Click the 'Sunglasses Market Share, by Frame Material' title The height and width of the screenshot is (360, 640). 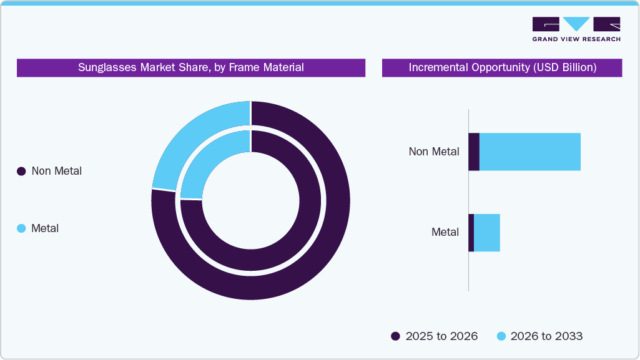coord(191,67)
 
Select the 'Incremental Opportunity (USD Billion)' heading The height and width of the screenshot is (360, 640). coord(502,67)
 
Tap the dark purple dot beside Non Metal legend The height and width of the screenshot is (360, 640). coord(21,171)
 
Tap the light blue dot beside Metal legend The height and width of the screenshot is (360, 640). coord(21,228)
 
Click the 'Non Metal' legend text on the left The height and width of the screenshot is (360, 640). coord(57,171)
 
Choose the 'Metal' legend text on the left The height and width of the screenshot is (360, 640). coord(45,228)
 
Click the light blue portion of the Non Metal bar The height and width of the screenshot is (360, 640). coord(529,152)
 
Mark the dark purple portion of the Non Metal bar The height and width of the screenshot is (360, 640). coord(474,152)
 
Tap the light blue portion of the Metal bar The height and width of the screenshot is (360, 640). coord(487,233)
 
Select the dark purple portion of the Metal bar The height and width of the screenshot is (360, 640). coord(471,233)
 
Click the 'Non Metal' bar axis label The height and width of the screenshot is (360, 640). coord(434,152)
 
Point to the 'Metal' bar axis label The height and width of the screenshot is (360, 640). coord(445,232)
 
